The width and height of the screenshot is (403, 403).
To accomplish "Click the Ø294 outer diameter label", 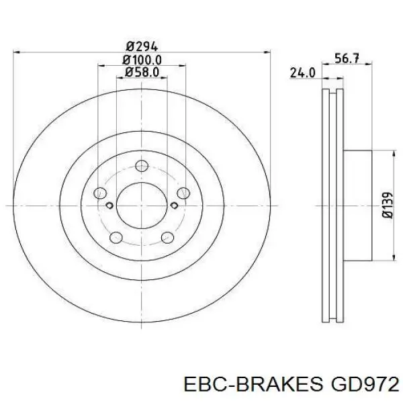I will pos(141,46).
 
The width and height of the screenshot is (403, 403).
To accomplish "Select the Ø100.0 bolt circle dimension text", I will pos(141,60).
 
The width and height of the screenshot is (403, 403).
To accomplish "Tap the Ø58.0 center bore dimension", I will pos(141,71).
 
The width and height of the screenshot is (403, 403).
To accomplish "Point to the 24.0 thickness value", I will pos(303,73).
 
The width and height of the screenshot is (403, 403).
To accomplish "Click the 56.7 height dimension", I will pos(346,58).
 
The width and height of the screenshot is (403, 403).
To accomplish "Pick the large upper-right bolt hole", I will pos(182,193).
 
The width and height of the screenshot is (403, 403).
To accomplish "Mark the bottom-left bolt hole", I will pos(115,236).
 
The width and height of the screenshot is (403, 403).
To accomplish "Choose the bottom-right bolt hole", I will pos(167,236).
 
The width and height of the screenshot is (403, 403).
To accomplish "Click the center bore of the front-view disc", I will pos(141,204).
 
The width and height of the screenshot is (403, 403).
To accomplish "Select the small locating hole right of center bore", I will pos(174,204).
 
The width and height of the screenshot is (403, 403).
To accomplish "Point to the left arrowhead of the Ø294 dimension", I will pos(17,51).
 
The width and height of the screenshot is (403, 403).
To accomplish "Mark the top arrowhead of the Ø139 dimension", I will pos(392,153).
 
